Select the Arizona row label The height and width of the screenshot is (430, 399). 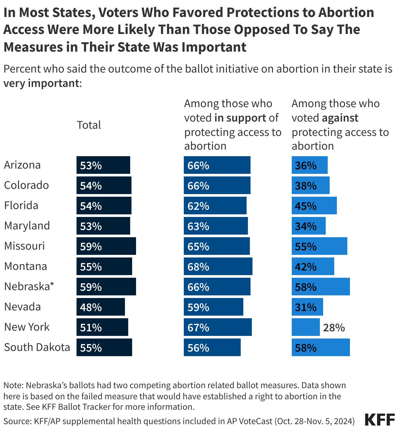tap(22, 165)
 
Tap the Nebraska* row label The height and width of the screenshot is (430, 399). tap(29, 287)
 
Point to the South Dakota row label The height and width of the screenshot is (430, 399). tap(37, 347)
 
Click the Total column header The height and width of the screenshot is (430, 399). tap(89, 125)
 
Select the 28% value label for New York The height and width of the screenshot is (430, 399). tap(334, 327)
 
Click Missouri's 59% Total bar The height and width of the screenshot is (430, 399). tap(106, 246)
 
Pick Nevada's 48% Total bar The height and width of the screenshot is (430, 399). tap(100, 307)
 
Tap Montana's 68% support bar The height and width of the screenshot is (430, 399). tap(218, 266)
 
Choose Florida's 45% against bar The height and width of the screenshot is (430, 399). tap(314, 206)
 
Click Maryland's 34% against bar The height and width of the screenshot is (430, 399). tap(308, 226)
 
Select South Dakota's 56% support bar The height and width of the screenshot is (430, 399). tap(212, 347)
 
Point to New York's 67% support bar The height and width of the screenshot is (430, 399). tap(217, 327)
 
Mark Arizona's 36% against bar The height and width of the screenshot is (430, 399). tap(309, 165)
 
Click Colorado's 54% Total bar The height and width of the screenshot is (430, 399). tap(104, 185)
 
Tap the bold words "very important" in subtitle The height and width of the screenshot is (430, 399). tap(41, 83)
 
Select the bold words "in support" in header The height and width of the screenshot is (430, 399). tap(240, 118)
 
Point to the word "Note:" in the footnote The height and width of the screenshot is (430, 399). tap(13, 386)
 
